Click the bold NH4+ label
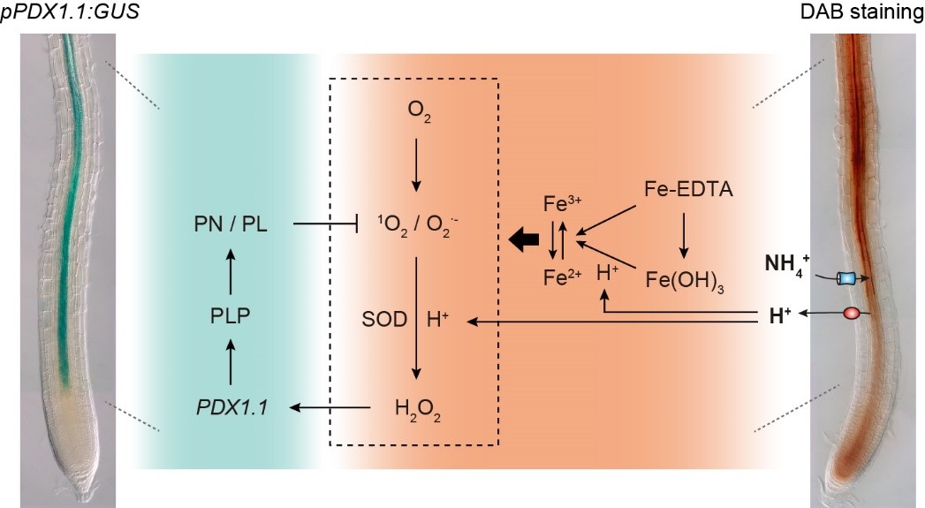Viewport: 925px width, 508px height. tap(787, 263)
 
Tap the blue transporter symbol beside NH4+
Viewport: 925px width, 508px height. tap(845, 278)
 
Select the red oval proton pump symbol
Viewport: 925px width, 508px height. tap(853, 314)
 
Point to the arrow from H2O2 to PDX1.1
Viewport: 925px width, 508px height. tap(331, 407)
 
